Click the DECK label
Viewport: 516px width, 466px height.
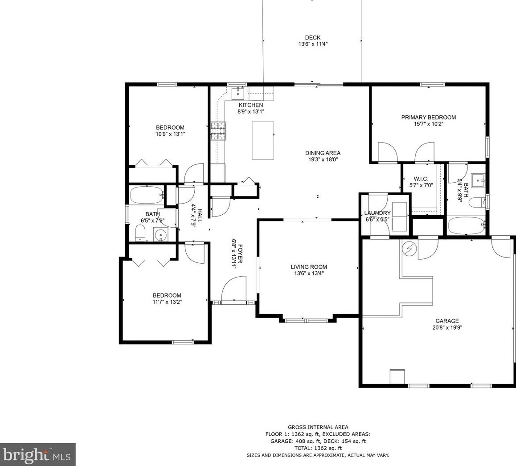coord(313,37)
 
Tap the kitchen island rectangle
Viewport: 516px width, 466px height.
coord(263,140)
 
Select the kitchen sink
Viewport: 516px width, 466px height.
coord(238,94)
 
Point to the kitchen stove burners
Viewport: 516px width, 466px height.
coord(219,131)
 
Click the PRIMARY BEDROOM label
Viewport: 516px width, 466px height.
coord(429,117)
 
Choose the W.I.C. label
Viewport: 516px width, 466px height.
coord(421,179)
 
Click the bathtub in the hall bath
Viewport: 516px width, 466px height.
coord(147,196)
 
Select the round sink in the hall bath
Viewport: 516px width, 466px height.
coord(160,235)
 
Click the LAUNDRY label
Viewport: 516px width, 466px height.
coord(377,213)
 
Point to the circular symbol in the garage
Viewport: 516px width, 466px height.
coord(410,249)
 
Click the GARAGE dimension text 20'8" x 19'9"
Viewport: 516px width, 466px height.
coord(447,327)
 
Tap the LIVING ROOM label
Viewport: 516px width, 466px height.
coord(309,267)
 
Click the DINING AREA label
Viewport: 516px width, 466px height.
coord(323,153)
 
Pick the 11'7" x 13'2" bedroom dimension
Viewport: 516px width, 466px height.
coord(167,302)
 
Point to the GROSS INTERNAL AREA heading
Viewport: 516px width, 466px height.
coord(318,427)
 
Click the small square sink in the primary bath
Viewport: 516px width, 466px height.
coord(478,180)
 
